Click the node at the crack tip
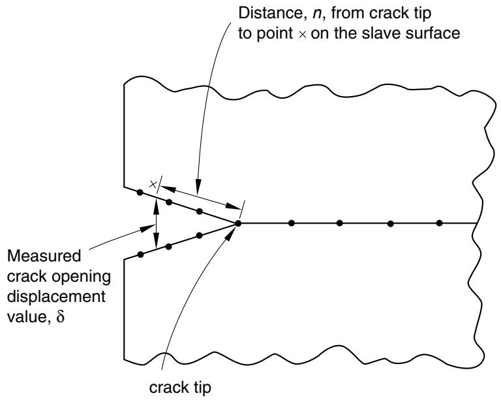(x=238, y=224)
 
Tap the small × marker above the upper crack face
(x=153, y=184)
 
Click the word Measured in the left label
(x=44, y=256)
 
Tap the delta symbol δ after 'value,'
(x=61, y=316)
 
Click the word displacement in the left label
(x=56, y=297)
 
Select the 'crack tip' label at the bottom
(x=180, y=388)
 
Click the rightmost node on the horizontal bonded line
(x=439, y=223)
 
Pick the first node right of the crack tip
(x=291, y=223)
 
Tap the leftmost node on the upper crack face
(x=140, y=192)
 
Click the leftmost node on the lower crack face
(x=140, y=254)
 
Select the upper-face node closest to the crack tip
(x=200, y=211)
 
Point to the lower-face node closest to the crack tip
(x=200, y=235)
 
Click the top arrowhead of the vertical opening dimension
(x=156, y=204)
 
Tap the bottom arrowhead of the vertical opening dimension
(x=156, y=242)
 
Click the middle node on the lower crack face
(x=169, y=246)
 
